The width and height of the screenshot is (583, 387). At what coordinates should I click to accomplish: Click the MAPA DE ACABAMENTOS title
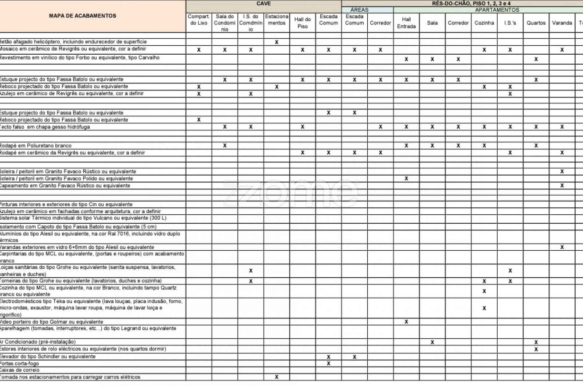[x=82, y=16]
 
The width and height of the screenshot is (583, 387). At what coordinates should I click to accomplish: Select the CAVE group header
[x=263, y=4]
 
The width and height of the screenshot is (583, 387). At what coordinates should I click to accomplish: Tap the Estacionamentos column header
[x=277, y=20]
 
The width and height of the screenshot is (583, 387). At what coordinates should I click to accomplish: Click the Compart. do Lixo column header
[x=199, y=20]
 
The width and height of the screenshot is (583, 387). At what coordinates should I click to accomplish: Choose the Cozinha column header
[x=484, y=23]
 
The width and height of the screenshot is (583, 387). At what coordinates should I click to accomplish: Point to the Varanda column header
[x=562, y=23]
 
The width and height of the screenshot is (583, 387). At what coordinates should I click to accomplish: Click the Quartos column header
[x=536, y=23]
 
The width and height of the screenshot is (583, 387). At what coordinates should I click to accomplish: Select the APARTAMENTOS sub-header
[x=497, y=10]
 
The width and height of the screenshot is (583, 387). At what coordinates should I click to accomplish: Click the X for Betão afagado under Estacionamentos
[x=277, y=42]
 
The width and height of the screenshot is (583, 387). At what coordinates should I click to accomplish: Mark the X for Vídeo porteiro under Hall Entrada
[x=406, y=322]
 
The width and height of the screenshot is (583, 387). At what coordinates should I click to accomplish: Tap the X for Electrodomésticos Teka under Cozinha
[x=484, y=308]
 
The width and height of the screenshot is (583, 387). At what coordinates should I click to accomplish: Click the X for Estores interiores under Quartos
[x=536, y=349]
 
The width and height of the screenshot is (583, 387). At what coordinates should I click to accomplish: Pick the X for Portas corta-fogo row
[x=329, y=363]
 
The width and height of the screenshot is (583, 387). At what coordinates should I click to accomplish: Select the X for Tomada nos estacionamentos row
[x=277, y=377]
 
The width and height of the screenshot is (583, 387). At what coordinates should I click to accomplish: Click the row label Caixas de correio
[x=20, y=370]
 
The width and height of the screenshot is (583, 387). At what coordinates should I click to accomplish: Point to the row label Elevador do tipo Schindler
[x=48, y=356]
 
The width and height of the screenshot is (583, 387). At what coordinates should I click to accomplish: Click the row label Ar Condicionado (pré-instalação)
[x=38, y=342]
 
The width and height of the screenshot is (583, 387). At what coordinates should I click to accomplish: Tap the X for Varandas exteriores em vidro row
[x=562, y=247]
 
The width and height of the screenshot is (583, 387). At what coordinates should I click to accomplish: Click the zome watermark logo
[x=291, y=193]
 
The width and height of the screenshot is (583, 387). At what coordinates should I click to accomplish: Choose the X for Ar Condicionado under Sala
[x=432, y=342]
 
